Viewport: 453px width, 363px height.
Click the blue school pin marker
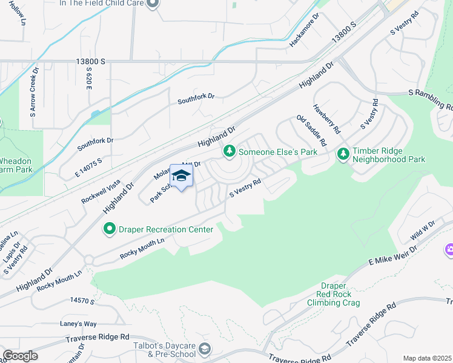[181, 176]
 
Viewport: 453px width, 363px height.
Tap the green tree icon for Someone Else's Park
[230, 151]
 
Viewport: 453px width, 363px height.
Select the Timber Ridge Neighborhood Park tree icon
[343, 154]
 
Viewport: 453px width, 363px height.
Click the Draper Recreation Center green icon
[110, 229]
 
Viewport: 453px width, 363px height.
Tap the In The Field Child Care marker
[153, 4]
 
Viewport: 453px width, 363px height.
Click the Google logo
[19, 356]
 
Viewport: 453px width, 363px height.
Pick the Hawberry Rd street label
[326, 119]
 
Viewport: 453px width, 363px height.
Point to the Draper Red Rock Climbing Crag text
[333, 294]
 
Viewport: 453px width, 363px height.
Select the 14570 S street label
[84, 300]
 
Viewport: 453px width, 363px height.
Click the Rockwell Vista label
[101, 190]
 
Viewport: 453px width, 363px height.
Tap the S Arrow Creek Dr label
[34, 92]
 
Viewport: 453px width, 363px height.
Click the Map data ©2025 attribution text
[427, 358]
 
